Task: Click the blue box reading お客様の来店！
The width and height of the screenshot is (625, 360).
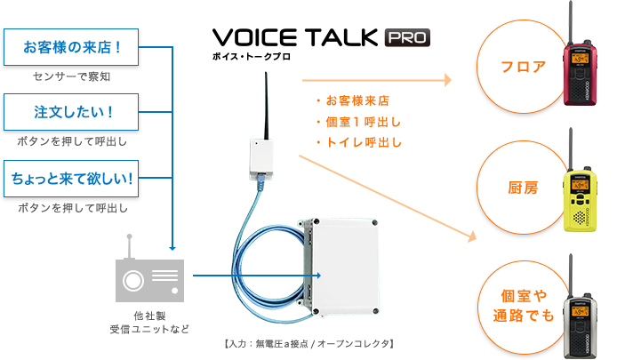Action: click(71, 47)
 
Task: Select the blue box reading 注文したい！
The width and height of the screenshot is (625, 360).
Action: click(71, 112)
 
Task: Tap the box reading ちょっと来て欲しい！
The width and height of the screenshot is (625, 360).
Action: click(71, 179)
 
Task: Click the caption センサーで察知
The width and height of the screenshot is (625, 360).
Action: click(71, 76)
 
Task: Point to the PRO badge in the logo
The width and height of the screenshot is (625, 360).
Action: click(407, 38)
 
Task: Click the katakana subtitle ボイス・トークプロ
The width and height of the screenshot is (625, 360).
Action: click(251, 57)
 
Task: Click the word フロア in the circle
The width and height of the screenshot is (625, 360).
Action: click(523, 67)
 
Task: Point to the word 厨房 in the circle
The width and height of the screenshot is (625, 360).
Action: click(523, 188)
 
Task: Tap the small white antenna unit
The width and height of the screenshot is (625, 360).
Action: click(261, 159)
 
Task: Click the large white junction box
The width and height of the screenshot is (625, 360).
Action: click(341, 267)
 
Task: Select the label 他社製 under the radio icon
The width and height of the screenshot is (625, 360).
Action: click(149, 316)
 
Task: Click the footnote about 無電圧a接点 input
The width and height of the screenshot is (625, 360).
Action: click(309, 344)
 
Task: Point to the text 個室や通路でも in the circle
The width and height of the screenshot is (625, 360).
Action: click(524, 306)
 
